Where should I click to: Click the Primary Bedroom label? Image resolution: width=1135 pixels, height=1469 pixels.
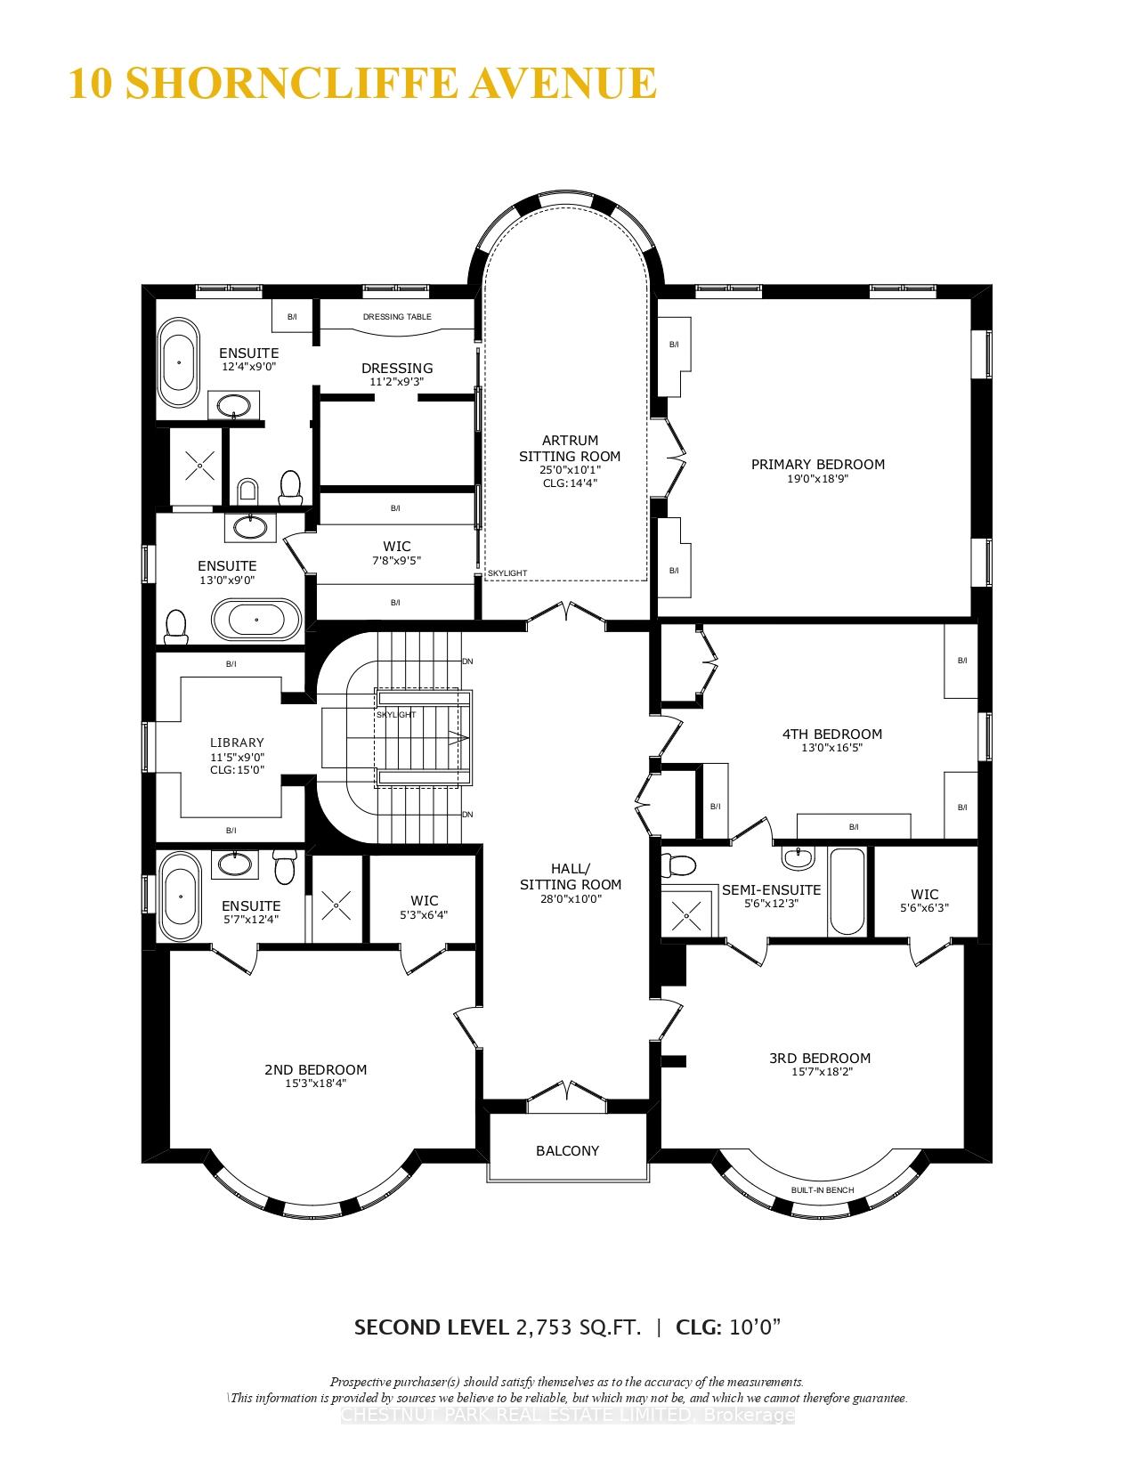pos(817,464)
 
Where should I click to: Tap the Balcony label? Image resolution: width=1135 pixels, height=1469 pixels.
pos(567,1150)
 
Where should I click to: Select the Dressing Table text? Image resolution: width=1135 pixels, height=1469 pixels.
pos(397,317)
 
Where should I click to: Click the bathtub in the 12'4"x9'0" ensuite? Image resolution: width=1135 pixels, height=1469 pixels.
pos(179,363)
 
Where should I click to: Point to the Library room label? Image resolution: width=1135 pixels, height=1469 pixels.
pos(237,743)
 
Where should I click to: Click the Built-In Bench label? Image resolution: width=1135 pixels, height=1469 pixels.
pos(822,1190)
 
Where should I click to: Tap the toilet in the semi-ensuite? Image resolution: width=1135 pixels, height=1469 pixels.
pos(683,865)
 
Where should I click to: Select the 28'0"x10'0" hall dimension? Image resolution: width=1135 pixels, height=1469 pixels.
pos(571,899)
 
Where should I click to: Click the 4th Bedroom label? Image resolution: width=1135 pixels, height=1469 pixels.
pos(831,734)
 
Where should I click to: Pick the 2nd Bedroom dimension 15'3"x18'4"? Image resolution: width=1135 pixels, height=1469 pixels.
pos(315,1083)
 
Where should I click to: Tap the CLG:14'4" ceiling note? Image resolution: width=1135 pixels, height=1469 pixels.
pos(570,483)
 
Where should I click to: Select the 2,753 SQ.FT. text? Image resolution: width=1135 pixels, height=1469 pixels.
pos(578,1327)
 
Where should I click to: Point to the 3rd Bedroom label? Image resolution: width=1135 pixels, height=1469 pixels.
pos(819,1059)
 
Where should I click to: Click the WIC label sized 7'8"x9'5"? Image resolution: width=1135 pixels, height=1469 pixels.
pos(396,547)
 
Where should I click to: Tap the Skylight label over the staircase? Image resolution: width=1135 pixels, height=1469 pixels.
pos(396,715)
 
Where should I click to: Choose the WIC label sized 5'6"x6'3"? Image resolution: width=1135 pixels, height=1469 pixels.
pos(924,894)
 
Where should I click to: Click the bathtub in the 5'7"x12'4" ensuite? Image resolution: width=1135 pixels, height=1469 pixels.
pos(181,897)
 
